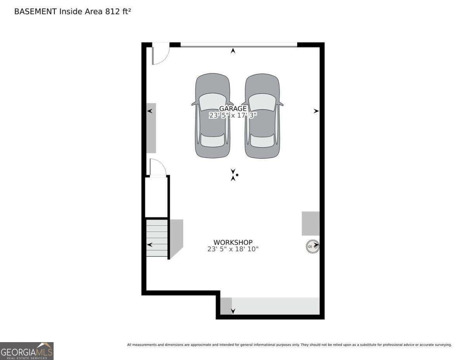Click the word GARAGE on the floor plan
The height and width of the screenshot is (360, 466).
click(233, 109)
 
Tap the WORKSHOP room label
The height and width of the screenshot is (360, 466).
click(233, 242)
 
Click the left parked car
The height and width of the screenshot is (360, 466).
click(212, 116)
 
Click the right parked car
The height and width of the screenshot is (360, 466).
click(262, 116)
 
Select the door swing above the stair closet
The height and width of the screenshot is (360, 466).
click(157, 168)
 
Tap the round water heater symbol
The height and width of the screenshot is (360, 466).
click(313, 247)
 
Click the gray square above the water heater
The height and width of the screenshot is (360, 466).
click(311, 223)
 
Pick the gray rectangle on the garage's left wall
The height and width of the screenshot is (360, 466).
click(151, 128)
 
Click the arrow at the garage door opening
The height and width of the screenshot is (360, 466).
click(233, 50)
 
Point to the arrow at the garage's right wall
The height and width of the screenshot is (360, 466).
click(316, 111)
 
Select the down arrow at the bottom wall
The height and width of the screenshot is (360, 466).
click(233, 311)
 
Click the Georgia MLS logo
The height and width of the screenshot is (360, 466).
click(27, 351)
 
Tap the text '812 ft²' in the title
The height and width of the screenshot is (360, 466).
click(118, 12)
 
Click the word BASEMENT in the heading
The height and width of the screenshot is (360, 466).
click(35, 12)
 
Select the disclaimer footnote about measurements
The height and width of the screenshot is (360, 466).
click(289, 345)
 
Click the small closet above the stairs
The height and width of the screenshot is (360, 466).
click(156, 197)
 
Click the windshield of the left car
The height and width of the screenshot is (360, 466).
click(212, 102)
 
